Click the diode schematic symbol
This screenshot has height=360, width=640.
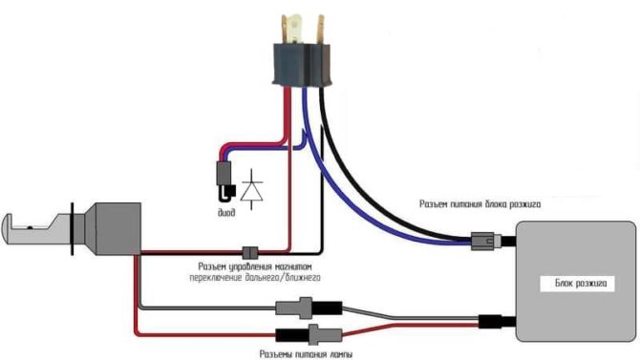tap(253, 188)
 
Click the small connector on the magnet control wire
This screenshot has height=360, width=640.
tap(251, 253)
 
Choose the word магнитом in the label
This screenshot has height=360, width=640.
tap(288, 266)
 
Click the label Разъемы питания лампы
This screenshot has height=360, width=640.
tap(306, 353)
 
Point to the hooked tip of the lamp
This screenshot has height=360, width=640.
tap(15, 229)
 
